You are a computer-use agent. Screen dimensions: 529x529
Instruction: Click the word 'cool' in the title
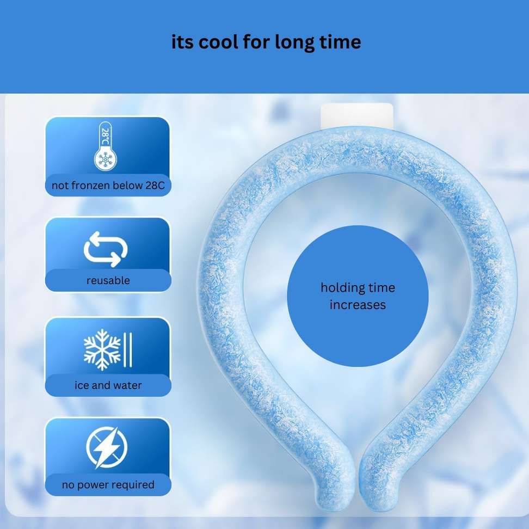(x=218, y=42)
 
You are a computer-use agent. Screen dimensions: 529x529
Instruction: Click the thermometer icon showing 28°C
(x=106, y=146)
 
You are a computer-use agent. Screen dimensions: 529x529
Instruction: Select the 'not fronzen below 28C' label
(x=108, y=185)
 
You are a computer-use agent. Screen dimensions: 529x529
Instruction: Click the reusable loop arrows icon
(x=106, y=249)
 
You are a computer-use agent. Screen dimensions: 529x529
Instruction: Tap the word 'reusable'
(x=108, y=280)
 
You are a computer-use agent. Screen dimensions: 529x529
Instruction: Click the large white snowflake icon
(x=102, y=350)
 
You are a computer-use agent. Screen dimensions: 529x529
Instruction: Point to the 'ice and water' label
(x=108, y=385)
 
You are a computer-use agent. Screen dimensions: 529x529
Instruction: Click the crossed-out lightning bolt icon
(x=107, y=447)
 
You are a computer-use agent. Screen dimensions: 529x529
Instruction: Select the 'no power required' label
(x=108, y=484)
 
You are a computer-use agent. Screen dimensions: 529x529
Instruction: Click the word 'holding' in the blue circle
(x=342, y=288)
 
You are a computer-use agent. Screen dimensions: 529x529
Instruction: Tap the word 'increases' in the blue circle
(x=358, y=305)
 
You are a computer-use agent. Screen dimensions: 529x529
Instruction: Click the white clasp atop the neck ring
(x=357, y=116)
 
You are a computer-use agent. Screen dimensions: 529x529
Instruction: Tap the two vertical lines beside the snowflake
(x=128, y=350)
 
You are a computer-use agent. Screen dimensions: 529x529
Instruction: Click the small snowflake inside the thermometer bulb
(x=105, y=159)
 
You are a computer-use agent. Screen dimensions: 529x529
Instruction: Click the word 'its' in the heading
(x=182, y=42)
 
